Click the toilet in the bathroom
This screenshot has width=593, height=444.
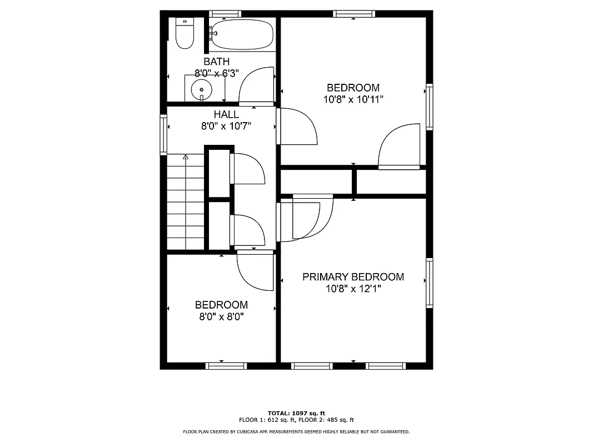tap(184, 34)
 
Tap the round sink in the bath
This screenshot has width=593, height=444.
tap(201, 89)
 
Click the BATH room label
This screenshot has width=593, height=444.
tap(216, 62)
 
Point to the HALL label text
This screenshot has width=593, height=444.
tap(226, 115)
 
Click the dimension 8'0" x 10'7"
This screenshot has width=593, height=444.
tap(226, 126)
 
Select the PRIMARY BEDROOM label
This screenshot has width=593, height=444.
tap(353, 277)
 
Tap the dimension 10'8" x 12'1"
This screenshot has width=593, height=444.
tap(353, 289)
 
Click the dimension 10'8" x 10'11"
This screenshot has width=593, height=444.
tap(353, 99)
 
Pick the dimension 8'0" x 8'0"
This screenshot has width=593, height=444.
tap(221, 316)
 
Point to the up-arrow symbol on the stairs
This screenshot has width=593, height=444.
tap(186, 158)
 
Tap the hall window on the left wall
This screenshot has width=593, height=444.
tap(163, 134)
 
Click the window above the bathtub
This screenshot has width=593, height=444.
tap(225, 13)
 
